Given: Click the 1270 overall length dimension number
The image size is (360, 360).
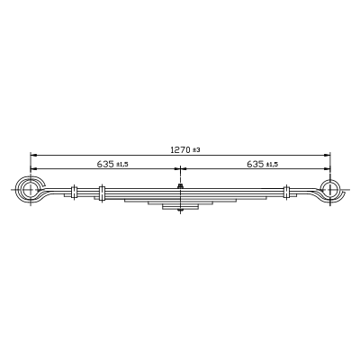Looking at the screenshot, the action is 180,149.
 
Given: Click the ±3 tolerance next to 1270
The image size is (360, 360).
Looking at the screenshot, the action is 196,150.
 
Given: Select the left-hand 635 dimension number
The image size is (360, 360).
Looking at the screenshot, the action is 105,164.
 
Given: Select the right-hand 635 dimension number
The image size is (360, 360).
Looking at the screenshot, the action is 256,164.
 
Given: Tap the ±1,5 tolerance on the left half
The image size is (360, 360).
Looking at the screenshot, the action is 122,165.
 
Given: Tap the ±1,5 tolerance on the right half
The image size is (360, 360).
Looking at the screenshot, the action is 272,165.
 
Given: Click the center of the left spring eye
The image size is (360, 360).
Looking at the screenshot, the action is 31,190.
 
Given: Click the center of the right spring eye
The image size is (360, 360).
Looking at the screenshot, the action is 330,190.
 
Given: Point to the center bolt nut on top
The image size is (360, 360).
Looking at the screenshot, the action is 180,186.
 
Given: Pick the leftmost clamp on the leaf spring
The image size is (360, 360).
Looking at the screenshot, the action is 74,192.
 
